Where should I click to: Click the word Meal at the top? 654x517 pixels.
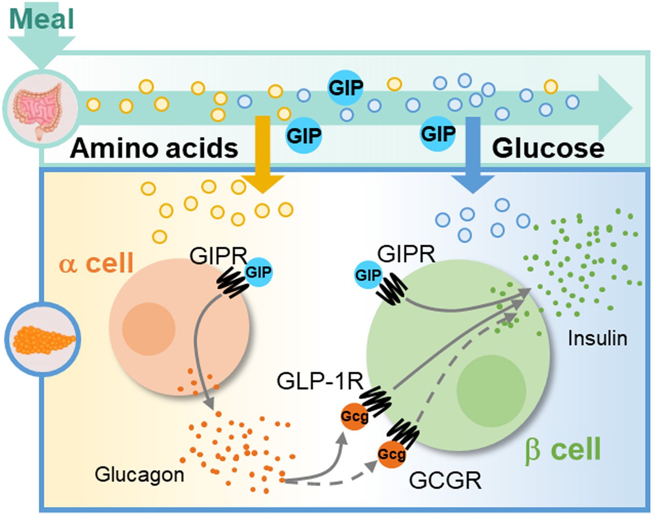coord(42,19)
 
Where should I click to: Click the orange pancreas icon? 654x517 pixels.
coord(43,339)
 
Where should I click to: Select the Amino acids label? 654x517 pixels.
coord(154,148)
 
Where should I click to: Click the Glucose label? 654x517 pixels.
coord(548,148)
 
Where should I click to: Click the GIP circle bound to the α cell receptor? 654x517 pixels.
coord(258,272)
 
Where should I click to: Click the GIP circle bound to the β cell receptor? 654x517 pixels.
coord(368,275)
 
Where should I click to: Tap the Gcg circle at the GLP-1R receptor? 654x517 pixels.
coord(354,416)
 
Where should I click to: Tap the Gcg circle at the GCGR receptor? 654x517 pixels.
coord(391,454)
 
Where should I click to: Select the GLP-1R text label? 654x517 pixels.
coord(320,381)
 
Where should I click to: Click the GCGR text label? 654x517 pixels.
coord(445,480)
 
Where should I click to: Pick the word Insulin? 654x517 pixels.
coord(597,338)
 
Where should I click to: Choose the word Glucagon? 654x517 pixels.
coord(139,475)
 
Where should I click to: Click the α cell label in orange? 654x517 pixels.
coord(96,263)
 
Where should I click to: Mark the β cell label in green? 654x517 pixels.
coord(562,449)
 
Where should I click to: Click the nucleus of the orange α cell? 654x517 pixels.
coord(149,328)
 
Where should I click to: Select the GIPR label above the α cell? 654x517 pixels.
coord(218,256)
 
